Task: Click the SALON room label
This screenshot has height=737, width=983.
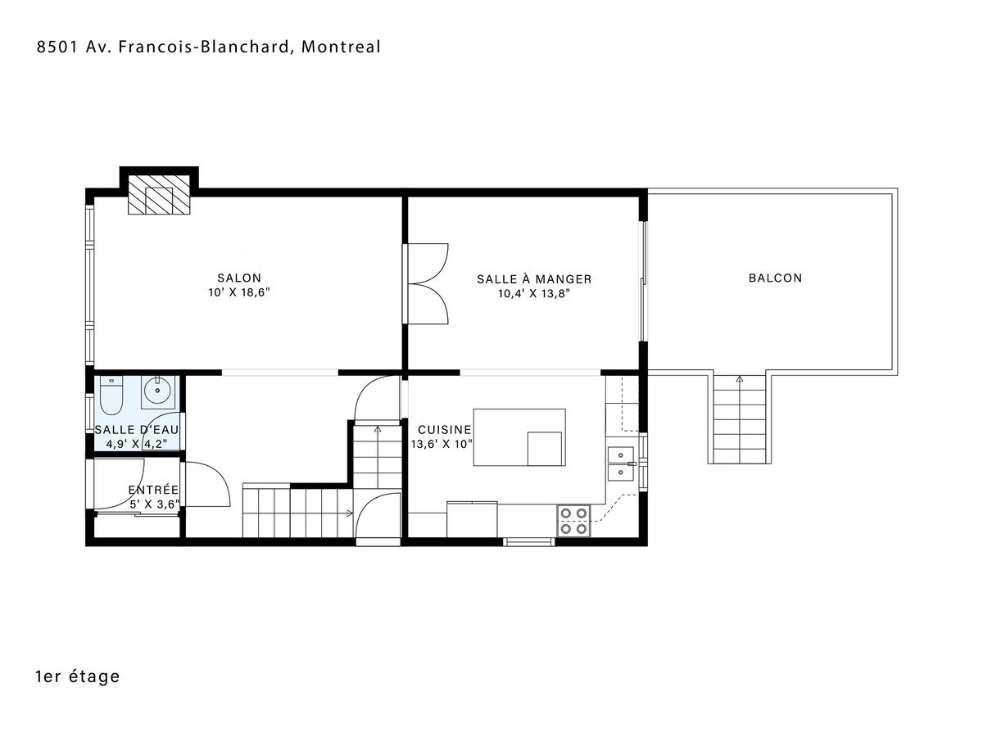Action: pos(238,278)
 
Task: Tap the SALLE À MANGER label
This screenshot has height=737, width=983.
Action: pos(534,279)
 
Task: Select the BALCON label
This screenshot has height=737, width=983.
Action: pos(775,278)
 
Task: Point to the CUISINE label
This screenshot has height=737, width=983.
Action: pos(444,430)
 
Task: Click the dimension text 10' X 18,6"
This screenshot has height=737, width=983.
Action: pos(239,292)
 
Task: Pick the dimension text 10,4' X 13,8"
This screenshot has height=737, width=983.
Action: pos(534,294)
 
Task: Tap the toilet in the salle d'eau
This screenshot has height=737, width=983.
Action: pos(111,396)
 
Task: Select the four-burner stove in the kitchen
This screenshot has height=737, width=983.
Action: pos(573,521)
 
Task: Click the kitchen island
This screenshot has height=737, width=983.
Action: pos(519,437)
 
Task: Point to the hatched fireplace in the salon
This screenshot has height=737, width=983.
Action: pos(159,195)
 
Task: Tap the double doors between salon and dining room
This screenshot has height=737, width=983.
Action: pos(425,283)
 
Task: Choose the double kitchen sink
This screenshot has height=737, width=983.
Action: pos(621,463)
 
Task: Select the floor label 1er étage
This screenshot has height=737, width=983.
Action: pos(78,676)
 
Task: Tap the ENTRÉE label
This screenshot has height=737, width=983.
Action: pos(154,490)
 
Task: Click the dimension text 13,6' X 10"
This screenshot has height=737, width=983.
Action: pos(442,444)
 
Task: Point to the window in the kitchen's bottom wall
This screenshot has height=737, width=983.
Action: pos(529,541)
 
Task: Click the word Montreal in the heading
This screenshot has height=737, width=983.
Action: pos(341,47)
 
